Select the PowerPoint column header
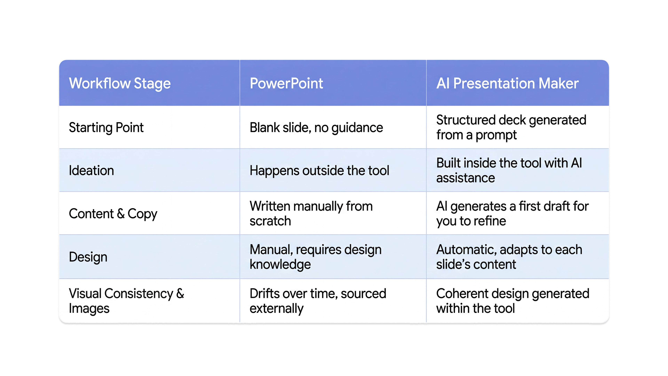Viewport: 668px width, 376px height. pos(286,83)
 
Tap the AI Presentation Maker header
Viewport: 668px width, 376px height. pos(507,83)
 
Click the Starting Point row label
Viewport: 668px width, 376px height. pos(106,127)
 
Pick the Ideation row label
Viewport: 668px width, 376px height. pos(91,170)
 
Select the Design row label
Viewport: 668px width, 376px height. pos(88,257)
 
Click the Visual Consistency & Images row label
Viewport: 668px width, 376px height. pos(126,301)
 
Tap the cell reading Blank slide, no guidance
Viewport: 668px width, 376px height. pos(316,127)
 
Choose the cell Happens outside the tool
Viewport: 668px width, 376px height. pos(319,170)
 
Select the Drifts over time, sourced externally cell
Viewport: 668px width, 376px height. pos(318,301)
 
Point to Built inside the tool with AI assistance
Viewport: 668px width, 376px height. pos(509,170)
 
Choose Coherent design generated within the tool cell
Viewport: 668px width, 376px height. pos(512,301)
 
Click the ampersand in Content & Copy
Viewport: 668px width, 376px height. pos(121,214)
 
